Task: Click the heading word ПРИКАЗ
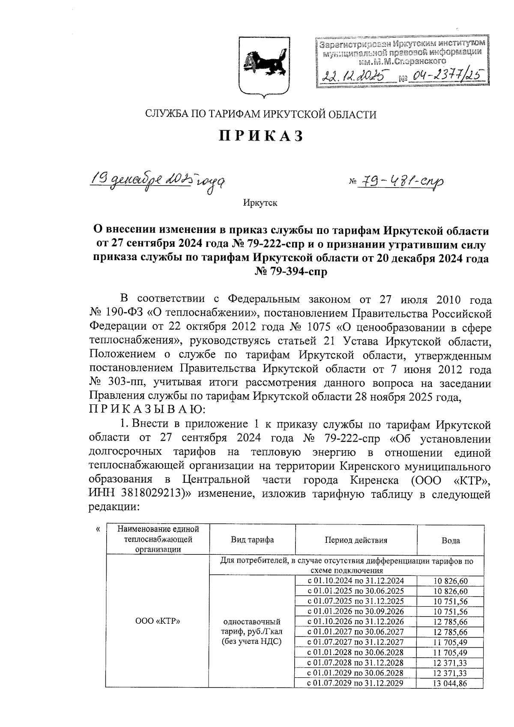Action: (261, 136)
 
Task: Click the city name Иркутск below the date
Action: (260, 203)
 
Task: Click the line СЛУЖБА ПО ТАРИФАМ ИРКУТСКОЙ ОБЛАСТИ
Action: (261, 114)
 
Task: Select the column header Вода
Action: (451, 541)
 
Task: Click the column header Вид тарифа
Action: (252, 540)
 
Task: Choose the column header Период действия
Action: (356, 540)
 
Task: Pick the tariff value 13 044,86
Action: (450, 683)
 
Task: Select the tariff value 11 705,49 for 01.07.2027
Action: (450, 642)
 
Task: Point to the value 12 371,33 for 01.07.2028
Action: (450, 663)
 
